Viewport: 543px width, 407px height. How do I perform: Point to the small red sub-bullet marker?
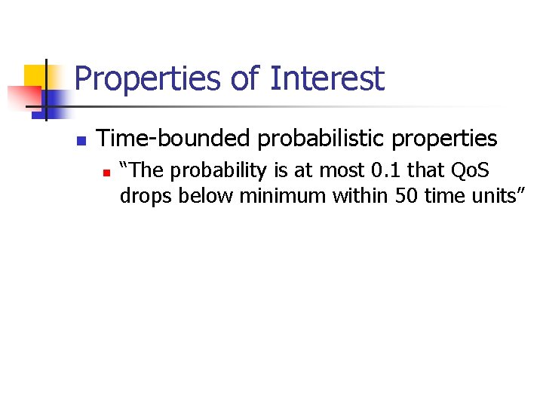(x=106, y=173)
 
